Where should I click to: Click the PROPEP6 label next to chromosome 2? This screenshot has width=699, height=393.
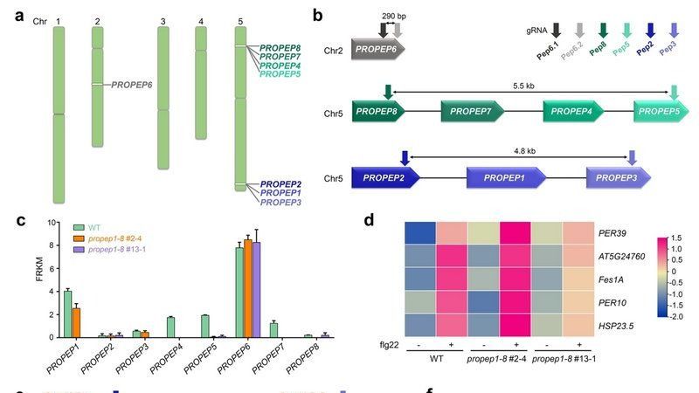coord(131,85)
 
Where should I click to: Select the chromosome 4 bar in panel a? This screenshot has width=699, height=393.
coord(201,83)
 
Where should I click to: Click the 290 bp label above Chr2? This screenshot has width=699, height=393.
coord(395,17)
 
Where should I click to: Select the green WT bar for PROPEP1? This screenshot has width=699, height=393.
coord(67,314)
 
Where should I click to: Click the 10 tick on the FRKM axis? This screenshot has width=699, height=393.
coord(52,223)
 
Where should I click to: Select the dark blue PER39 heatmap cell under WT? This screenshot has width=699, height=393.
coord(423,234)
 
